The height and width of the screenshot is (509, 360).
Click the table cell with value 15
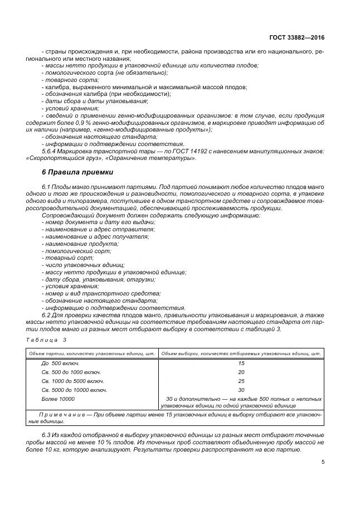point(241,363)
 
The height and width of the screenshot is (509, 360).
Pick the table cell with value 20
point(241,372)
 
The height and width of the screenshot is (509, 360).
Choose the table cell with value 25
point(241,381)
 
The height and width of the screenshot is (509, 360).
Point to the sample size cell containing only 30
point(241,390)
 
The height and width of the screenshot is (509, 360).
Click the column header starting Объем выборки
point(241,353)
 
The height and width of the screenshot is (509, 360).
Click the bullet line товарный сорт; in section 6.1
point(61,258)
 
